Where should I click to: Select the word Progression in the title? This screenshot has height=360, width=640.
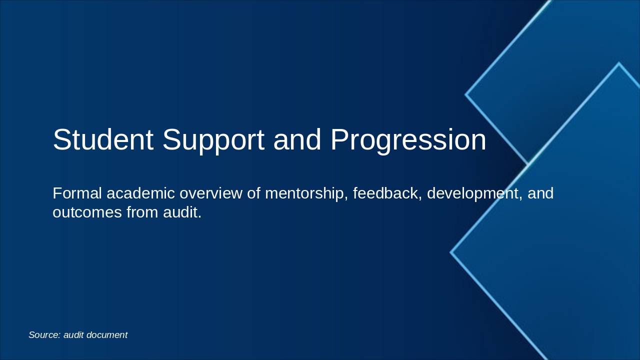coord(408,140)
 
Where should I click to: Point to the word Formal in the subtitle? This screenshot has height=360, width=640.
coord(77,193)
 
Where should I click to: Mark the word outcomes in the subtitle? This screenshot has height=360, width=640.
coord(87,212)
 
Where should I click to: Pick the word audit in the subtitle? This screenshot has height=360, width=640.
coord(182,212)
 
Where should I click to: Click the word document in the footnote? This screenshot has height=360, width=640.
coord(106,335)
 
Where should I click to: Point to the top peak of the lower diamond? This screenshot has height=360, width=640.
coord(618,63)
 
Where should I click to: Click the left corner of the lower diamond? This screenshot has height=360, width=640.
coord(451,252)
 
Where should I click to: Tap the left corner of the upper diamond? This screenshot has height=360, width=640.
coord(466,94)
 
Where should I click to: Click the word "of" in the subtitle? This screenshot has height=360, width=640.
coord(254,193)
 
